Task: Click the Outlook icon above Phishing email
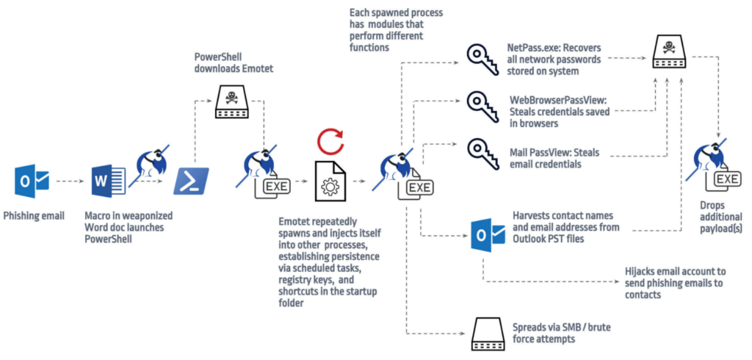tap(32, 180)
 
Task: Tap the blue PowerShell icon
tap(191, 181)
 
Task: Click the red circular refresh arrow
tap(329, 140)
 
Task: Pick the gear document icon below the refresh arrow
tap(329, 180)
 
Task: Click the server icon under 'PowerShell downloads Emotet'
tap(231, 104)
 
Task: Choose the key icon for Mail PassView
tap(482, 154)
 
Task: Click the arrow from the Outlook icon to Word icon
tap(69, 181)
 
